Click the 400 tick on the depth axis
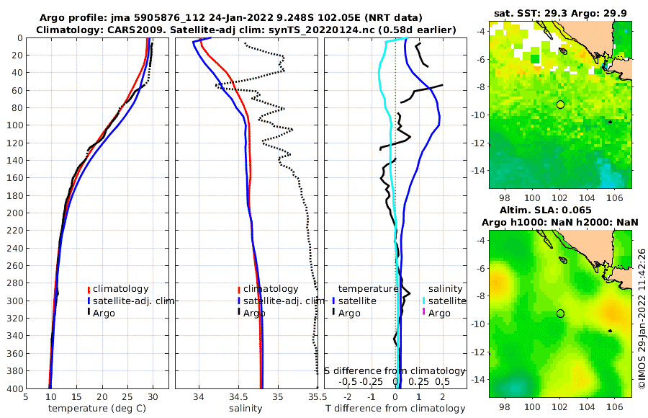coord(13,388)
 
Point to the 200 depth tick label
coord(13,213)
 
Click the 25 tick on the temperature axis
coord(127,396)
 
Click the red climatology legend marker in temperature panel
coord(89,289)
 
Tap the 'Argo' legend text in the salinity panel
coord(254,313)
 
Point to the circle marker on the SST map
coord(560,104)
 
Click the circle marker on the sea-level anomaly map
coord(560,313)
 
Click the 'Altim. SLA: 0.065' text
coord(560,210)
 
